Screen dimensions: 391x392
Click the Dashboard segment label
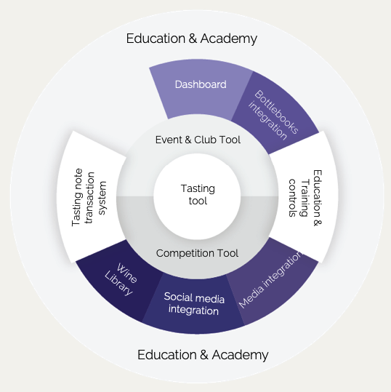201,84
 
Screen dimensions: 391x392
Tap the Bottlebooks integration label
273,115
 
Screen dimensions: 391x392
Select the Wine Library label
121,279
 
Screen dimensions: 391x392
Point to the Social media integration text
194,304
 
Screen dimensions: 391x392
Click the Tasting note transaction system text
89,198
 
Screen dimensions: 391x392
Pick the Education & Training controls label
305,198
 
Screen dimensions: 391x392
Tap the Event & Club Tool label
198,140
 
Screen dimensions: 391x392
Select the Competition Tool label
197,253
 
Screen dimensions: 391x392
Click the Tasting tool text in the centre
198,195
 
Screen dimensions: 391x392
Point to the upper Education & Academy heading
192,39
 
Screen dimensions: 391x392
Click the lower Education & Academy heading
203,355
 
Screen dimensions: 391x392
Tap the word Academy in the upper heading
229,39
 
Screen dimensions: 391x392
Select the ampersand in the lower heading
204,355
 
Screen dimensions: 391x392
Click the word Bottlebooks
277,112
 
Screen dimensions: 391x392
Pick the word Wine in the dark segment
127,273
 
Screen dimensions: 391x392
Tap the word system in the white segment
102,198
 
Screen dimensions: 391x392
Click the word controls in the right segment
292,198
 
